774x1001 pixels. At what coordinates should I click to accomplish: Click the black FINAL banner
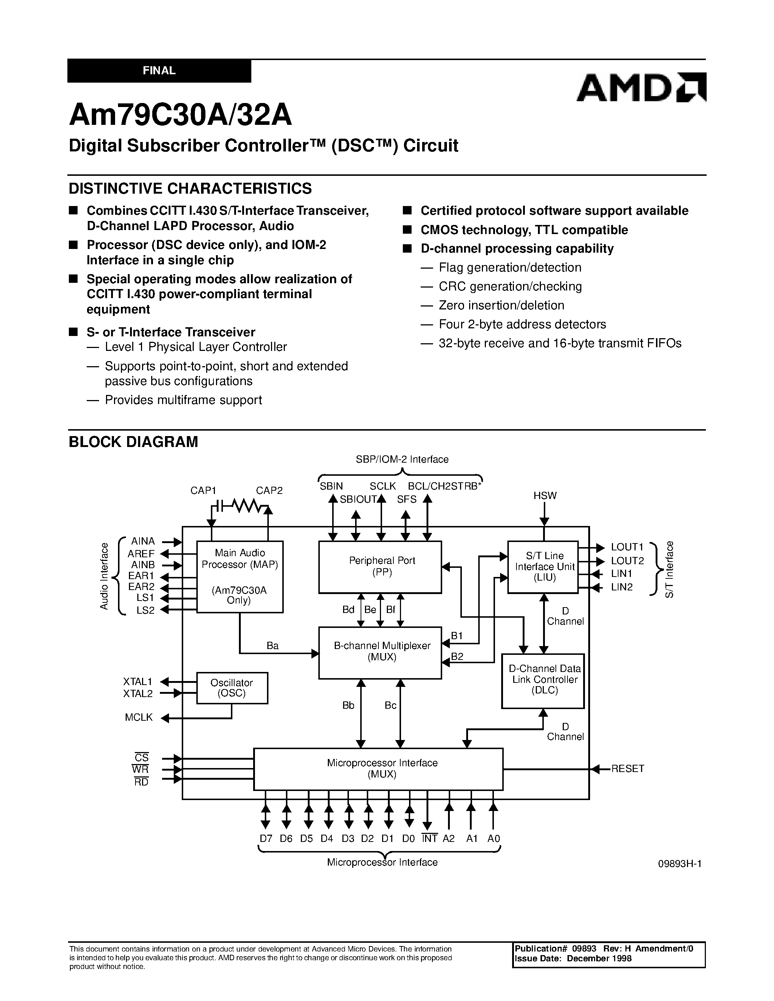coord(159,71)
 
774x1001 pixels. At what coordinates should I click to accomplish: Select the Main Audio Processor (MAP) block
coord(240,576)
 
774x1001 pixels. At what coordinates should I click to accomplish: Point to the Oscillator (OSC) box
coord(232,688)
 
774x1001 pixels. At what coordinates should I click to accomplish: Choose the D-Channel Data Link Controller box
coord(543,680)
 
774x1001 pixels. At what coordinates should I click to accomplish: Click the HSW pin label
coord(545,495)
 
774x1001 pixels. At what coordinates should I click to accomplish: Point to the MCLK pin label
coord(138,717)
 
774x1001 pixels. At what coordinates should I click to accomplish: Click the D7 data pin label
coord(266,838)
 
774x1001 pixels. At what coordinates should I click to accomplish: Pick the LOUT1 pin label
coord(627,547)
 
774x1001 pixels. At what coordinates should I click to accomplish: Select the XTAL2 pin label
coord(138,693)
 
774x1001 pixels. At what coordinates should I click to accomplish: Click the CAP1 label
coord(203,490)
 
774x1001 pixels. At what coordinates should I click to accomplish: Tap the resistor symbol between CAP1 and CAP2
coord(247,506)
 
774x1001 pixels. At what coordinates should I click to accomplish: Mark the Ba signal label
coord(272,645)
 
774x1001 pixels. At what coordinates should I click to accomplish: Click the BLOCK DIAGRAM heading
coord(133,442)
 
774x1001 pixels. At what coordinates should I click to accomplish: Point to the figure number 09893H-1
coord(680,863)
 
